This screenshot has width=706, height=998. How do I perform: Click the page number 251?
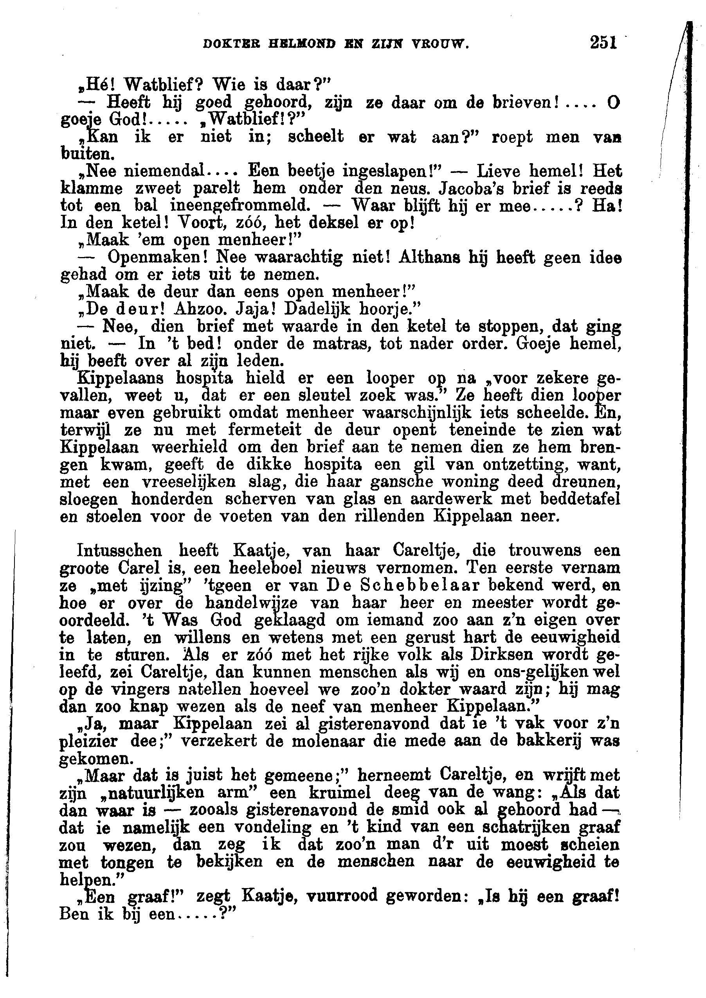click(x=603, y=43)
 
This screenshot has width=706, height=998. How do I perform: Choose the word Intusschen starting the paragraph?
click(x=119, y=551)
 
